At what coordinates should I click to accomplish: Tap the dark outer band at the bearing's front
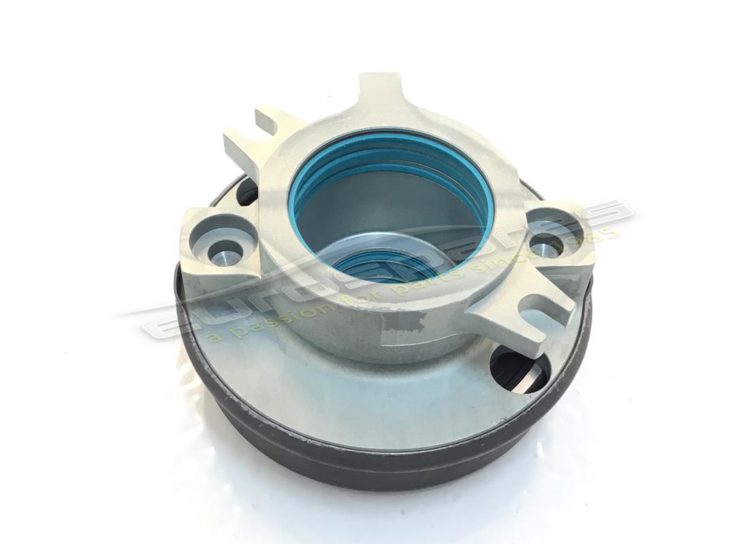point(381,469)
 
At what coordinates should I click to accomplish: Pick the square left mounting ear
point(218,238)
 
